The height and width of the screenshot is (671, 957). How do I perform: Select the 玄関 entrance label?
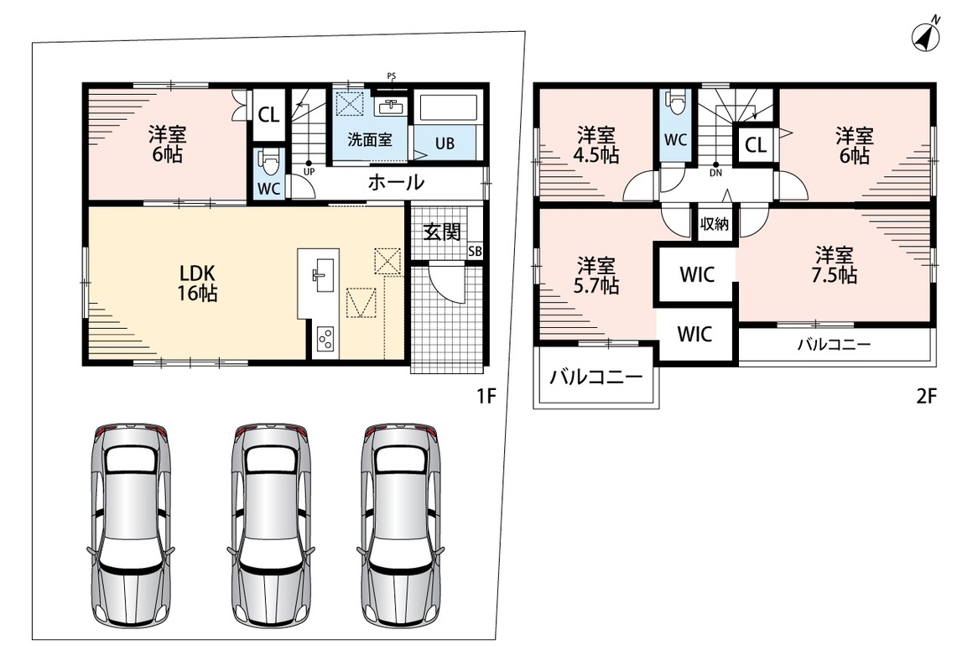(442, 232)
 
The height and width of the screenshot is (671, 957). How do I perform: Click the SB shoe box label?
(475, 251)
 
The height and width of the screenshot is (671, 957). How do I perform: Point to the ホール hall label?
(396, 182)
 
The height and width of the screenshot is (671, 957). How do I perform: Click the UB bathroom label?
(445, 143)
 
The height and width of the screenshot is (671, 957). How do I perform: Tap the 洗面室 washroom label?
(370, 140)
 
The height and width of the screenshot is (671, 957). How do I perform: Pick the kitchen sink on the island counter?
(320, 272)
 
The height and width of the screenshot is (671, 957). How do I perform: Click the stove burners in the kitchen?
(325, 340)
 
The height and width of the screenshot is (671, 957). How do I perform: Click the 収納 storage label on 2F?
(714, 224)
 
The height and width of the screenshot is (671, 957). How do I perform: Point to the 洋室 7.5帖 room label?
(834, 265)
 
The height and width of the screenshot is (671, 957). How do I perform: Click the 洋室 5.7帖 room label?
(596, 275)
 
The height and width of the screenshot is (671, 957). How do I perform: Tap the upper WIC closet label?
(697, 274)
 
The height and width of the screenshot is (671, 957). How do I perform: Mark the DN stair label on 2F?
(716, 173)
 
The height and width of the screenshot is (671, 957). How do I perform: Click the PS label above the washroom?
(391, 76)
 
